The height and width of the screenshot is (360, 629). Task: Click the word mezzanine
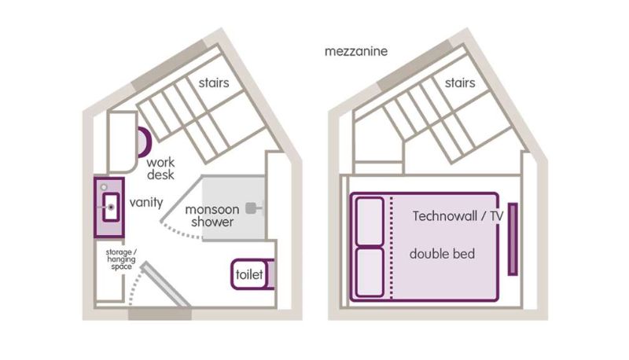(x=356, y=52)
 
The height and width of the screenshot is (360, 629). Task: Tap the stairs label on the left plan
(x=214, y=83)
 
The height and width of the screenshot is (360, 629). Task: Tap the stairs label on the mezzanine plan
(x=460, y=83)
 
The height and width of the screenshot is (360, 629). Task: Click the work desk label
(x=160, y=169)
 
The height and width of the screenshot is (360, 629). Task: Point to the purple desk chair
(x=145, y=142)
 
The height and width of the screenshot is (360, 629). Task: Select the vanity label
(x=146, y=203)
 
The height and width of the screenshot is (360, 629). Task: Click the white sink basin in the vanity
(x=111, y=208)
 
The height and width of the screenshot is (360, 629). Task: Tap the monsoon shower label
(x=212, y=215)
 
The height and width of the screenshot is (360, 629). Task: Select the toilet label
(x=249, y=274)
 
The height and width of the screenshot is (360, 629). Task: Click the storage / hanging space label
(x=121, y=259)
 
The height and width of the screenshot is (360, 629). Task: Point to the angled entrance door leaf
(x=165, y=284)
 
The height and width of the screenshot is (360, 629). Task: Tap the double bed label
(x=442, y=254)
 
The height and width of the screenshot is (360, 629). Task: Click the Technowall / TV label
(x=458, y=216)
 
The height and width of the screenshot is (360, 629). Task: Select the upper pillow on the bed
(x=370, y=222)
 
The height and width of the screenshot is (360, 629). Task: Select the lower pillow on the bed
(x=370, y=273)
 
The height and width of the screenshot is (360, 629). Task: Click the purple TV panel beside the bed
(x=513, y=239)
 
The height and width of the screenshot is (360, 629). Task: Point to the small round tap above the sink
(x=104, y=187)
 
